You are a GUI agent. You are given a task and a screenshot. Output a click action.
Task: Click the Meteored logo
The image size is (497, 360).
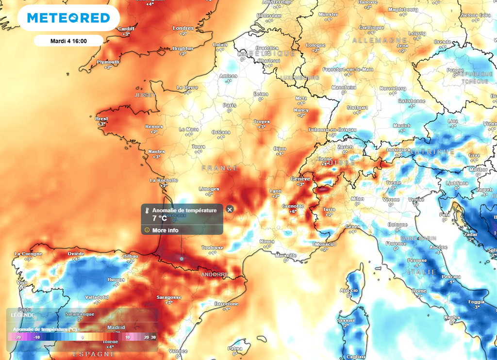point(68,18)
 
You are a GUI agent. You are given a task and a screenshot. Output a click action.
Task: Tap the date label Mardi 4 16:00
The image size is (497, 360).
point(68,41)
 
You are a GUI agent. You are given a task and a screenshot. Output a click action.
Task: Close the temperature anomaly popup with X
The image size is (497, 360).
point(230,209)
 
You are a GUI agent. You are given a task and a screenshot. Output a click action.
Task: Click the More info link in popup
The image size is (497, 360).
point(165,230)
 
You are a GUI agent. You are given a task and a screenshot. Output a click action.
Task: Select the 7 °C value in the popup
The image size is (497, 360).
point(160,218)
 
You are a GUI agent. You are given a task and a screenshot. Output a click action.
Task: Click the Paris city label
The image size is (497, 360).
point(230,105)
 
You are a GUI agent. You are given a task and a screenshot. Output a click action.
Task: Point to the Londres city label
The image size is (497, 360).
point(183,29)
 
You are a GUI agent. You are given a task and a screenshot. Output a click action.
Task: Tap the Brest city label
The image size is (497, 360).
point(102,118)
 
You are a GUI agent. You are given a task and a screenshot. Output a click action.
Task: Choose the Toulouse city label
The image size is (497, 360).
point(213,248)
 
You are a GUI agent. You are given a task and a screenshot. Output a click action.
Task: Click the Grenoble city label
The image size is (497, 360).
point(293,206)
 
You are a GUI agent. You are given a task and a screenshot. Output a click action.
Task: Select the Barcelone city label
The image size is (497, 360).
point(227,304)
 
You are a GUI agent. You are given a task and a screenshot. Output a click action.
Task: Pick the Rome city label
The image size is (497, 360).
point(419,291)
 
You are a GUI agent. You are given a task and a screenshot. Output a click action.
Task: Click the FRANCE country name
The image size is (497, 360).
point(220,168)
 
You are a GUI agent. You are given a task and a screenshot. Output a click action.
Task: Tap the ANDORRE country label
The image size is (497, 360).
point(214,275)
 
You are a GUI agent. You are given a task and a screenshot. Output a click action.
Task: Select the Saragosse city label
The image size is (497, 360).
point(169,297)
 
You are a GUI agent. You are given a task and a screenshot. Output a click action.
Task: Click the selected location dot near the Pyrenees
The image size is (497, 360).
point(182,259)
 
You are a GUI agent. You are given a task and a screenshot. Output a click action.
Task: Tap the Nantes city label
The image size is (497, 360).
point(157,152)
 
